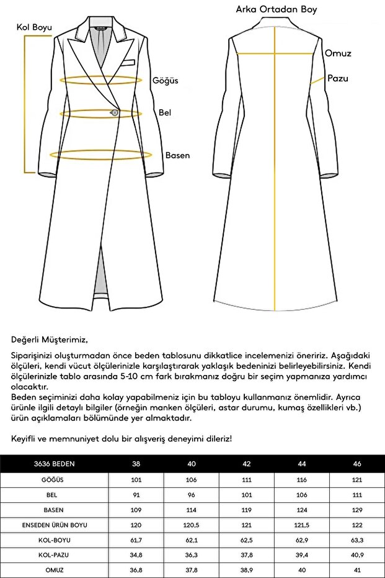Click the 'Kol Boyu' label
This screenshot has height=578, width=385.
(34, 28)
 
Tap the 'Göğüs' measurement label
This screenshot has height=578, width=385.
(166, 81)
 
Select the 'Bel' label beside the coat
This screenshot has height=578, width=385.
(165, 113)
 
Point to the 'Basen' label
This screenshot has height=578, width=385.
(177, 155)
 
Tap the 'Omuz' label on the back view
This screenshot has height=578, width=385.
(338, 53)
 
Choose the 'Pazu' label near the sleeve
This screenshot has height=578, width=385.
(338, 79)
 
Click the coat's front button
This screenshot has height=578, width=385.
(114, 112)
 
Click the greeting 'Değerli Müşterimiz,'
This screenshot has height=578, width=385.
(50, 340)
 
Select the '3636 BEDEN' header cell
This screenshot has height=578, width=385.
(55, 464)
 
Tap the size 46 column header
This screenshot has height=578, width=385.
(357, 464)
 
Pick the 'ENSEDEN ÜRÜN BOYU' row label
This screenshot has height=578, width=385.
(55, 525)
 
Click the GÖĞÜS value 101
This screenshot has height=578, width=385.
(137, 479)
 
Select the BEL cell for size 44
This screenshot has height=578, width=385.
(303, 494)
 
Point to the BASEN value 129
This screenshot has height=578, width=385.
(357, 510)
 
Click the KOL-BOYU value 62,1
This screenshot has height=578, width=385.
(192, 540)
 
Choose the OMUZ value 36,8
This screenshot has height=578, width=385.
(137, 570)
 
